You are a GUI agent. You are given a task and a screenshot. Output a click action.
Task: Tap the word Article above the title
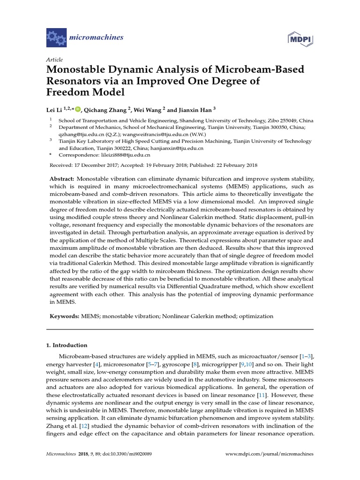tap(54, 60)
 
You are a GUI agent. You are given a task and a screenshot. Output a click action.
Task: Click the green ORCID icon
tap(78, 110)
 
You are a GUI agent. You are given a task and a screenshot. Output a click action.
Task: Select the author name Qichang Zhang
tap(107, 110)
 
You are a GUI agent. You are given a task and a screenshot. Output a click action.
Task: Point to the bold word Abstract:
tap(62, 179)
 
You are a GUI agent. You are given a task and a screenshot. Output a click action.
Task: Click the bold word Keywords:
tap(65, 317)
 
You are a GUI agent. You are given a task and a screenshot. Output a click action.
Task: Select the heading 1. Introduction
tap(67, 345)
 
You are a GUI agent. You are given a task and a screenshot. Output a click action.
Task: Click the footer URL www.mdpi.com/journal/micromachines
tap(270, 454)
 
